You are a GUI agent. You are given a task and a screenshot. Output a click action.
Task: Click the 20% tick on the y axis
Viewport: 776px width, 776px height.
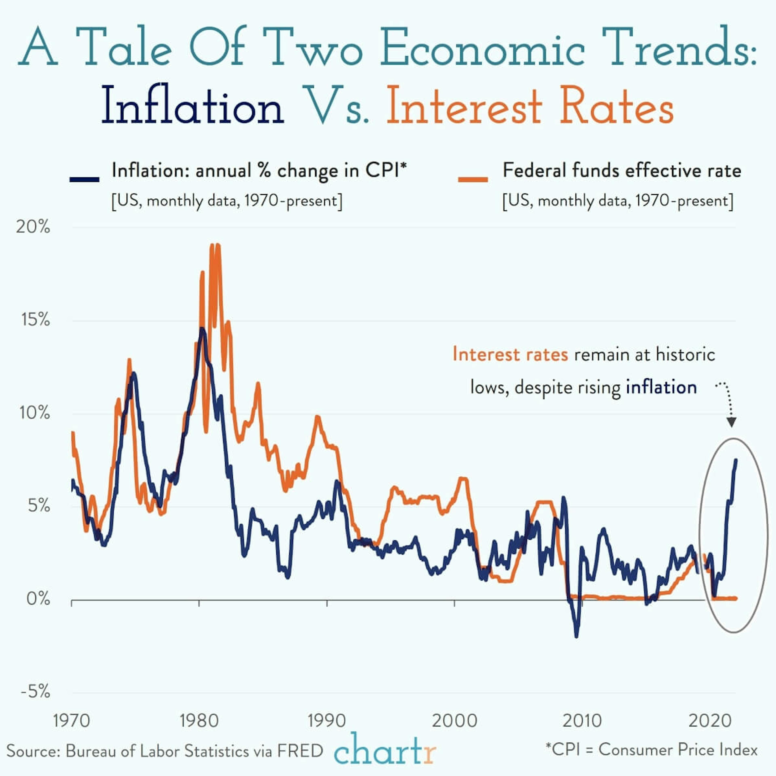(x=33, y=227)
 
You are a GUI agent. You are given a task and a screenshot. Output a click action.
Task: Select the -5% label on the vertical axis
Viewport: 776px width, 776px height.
(x=35, y=692)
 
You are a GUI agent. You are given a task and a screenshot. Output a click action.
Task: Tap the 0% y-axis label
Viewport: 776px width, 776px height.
(x=38, y=599)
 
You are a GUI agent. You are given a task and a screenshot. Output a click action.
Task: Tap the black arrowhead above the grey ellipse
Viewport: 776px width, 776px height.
(x=731, y=422)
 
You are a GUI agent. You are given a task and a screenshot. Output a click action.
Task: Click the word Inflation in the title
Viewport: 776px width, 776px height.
(x=193, y=105)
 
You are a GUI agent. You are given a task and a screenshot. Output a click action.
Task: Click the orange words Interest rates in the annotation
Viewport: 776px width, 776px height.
(x=510, y=355)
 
